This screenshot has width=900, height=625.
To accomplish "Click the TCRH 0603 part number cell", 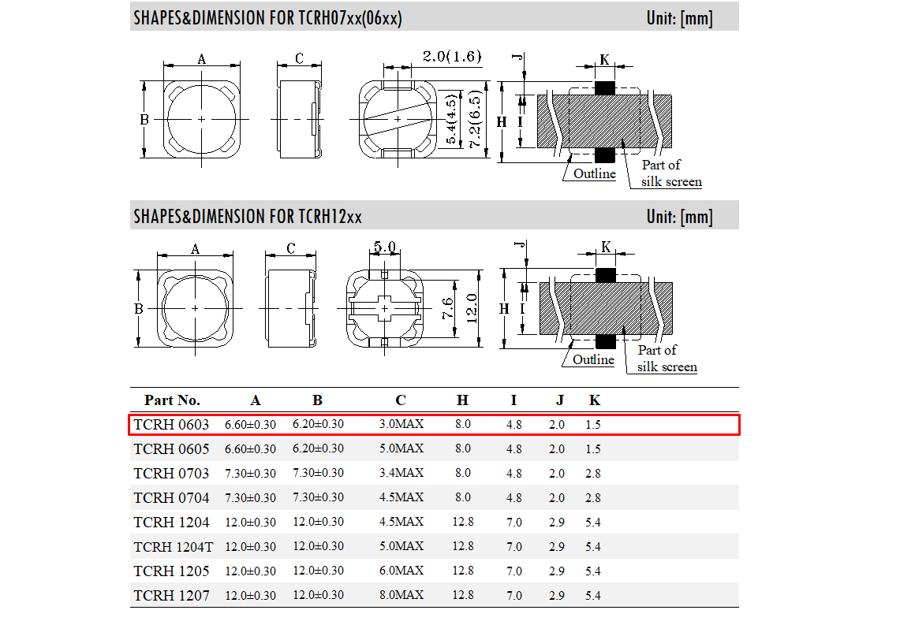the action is pyautogui.click(x=171, y=425).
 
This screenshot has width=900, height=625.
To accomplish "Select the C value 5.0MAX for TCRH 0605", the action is pyautogui.click(x=401, y=448).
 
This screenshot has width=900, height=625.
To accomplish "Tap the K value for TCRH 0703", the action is pyautogui.click(x=593, y=474).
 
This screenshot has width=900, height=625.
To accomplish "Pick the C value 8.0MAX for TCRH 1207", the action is pyautogui.click(x=401, y=595).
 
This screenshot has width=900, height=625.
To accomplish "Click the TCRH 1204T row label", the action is pyautogui.click(x=174, y=547).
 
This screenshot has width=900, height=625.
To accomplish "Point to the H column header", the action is pyautogui.click(x=463, y=400).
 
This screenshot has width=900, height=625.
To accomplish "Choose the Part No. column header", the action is pyautogui.click(x=172, y=400).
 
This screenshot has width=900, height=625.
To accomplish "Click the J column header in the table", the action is pyautogui.click(x=559, y=400).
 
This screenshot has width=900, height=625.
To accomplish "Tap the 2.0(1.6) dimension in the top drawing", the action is pyautogui.click(x=452, y=56).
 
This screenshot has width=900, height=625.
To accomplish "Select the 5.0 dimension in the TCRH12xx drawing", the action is pyautogui.click(x=385, y=247).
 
